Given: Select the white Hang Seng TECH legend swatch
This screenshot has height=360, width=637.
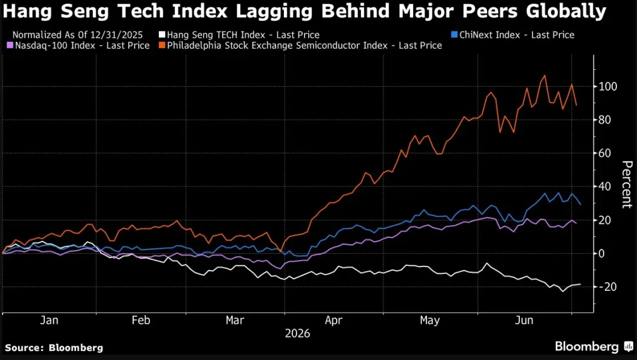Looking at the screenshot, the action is pyautogui.click(x=162, y=35).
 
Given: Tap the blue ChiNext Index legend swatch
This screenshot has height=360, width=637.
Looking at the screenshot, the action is pyautogui.click(x=454, y=35).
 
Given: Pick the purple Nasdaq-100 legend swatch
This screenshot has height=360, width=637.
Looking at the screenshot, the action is pyautogui.click(x=10, y=46).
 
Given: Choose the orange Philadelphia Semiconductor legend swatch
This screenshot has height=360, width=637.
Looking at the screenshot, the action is pyautogui.click(x=162, y=46).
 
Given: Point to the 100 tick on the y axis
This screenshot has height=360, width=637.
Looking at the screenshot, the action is pyautogui.click(x=608, y=87).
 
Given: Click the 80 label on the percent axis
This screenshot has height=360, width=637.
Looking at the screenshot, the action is pyautogui.click(x=605, y=120).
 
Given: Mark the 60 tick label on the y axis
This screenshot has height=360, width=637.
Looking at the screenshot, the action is pyautogui.click(x=605, y=153).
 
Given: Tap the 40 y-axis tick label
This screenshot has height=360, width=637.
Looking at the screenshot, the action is pyautogui.click(x=605, y=186).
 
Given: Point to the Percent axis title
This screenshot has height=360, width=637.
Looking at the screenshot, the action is pyautogui.click(x=627, y=185).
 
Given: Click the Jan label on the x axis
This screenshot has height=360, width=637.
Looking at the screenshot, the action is pyautogui.click(x=49, y=320).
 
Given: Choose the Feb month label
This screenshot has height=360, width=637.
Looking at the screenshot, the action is pyautogui.click(x=141, y=320).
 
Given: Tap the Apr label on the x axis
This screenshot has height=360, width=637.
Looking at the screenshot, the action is pyautogui.click(x=334, y=321).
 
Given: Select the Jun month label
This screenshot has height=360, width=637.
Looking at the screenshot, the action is pyautogui.click(x=524, y=320).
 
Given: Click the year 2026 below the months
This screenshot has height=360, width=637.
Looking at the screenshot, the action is pyautogui.click(x=297, y=333).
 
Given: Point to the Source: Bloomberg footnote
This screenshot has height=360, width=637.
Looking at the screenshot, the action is pyautogui.click(x=54, y=348).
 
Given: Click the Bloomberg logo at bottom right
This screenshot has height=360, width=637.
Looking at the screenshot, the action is pyautogui.click(x=593, y=347).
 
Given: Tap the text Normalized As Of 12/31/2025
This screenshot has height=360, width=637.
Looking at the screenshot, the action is pyautogui.click(x=78, y=35).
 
